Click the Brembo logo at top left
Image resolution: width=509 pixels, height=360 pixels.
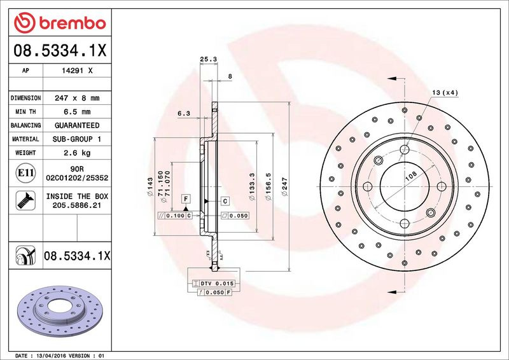60,23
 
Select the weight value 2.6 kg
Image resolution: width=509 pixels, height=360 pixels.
77,153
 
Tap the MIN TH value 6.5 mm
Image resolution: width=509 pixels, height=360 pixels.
77,112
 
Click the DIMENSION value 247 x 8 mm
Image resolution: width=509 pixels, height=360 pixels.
77,98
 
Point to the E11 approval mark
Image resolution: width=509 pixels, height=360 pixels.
25,173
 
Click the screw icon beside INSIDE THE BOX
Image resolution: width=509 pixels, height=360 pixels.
25,200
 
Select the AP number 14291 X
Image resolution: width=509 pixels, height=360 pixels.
77,71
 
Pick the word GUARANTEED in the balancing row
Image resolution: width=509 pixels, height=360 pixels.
77,125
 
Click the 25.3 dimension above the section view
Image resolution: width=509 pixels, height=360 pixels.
208,59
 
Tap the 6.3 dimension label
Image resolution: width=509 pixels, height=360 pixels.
184,113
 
